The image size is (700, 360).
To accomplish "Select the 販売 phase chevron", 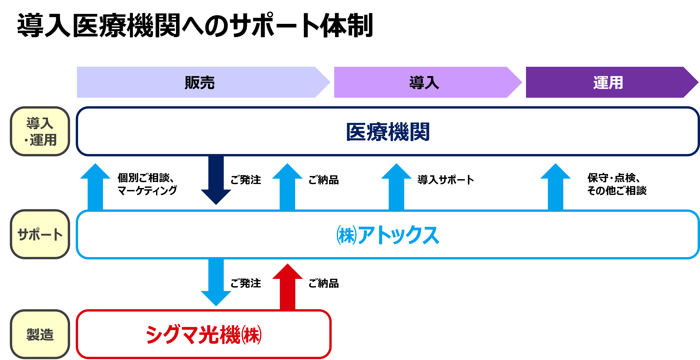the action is coord(203,82).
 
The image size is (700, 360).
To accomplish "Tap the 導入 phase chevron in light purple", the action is coord(428,82).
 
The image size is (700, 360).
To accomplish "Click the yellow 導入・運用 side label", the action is coord(40,131).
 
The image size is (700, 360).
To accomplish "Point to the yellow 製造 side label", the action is coord(40,334).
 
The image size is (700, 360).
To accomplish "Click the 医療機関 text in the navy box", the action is coord(388,132).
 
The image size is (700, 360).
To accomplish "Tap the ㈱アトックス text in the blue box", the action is coord(388,235).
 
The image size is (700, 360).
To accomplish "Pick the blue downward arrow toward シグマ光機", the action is coord(216,283).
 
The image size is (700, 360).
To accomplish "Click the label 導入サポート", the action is coord(446,180).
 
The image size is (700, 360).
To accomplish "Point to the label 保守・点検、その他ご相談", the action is coord(617,184).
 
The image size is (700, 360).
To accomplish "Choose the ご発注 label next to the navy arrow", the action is coord(246,180).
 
